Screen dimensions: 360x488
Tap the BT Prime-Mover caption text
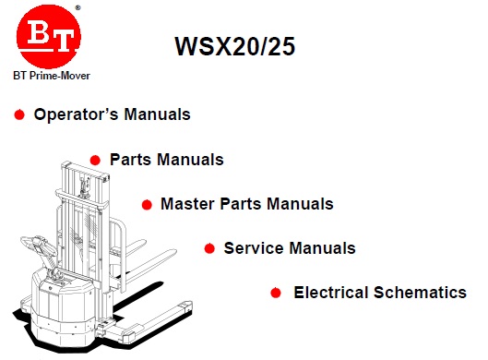tap(52, 76)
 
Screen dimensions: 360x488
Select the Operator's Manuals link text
tap(112, 115)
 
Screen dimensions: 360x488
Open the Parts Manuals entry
tap(166, 160)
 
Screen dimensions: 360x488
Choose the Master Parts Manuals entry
tap(246, 203)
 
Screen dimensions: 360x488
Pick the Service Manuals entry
tap(290, 248)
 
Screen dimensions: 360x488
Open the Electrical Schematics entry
tap(380, 293)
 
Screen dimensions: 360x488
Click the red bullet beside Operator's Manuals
tap(19, 115)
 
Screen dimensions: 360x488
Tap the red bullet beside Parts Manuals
tap(96, 160)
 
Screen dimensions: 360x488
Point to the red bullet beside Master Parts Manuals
tap(147, 204)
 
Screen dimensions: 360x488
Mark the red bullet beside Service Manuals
tap(210, 248)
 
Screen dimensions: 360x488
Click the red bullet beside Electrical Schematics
tap(276, 293)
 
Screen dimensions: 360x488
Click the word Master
tap(187, 203)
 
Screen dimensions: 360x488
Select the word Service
tap(252, 248)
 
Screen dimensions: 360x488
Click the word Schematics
tap(423, 293)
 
